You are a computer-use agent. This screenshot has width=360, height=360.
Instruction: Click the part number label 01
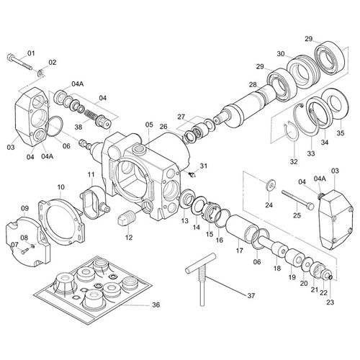point(31,53)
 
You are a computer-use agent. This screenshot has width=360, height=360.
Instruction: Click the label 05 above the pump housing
point(148,125)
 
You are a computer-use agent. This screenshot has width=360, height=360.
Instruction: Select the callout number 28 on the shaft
point(252,85)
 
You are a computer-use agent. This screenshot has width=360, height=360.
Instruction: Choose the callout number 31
point(204,166)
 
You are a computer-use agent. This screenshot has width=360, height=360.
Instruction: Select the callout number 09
point(24,209)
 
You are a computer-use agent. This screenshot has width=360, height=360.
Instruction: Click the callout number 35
point(341,132)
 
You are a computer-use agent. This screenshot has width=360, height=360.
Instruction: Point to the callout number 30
point(281,53)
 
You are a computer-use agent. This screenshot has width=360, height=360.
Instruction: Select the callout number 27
point(182,116)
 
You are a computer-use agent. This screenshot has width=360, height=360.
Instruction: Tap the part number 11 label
point(91,175)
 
